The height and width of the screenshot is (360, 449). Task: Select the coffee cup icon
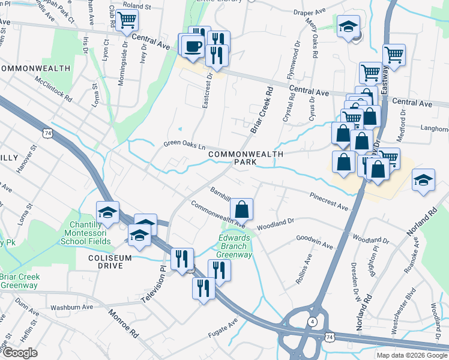point(193,46)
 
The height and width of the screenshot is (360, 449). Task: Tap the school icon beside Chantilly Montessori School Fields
point(108,212)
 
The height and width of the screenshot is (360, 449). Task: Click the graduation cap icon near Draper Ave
point(348,26)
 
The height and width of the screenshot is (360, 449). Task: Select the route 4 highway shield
point(313,322)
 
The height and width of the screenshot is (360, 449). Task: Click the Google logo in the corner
point(20,353)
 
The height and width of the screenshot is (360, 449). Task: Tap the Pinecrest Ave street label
point(329,202)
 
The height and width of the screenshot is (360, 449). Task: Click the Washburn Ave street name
point(71,307)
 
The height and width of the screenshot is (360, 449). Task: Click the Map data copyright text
point(412,355)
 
